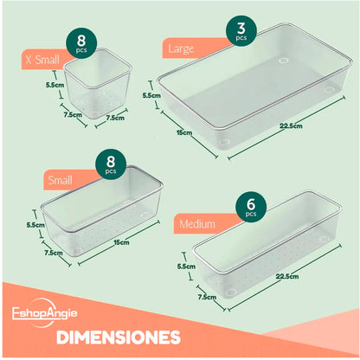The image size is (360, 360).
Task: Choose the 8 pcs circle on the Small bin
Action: (x=111, y=164)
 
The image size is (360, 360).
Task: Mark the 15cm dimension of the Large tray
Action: (x=183, y=132)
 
